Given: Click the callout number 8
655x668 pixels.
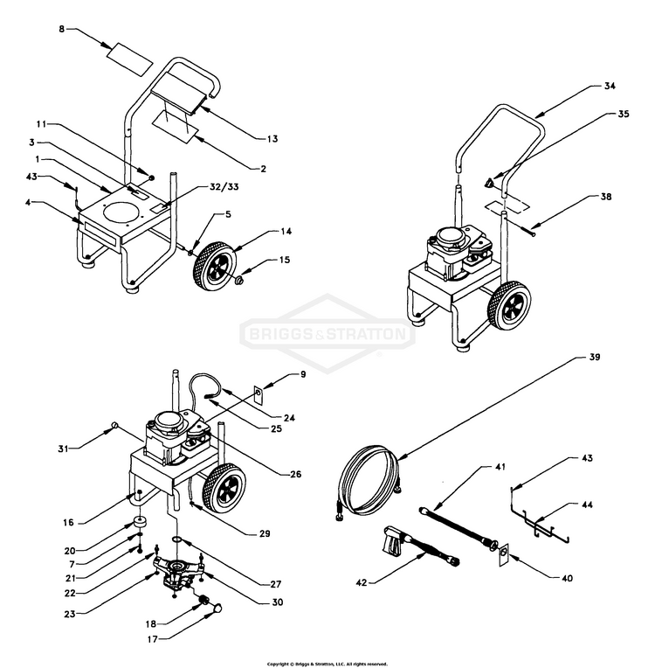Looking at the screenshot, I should point(61,30).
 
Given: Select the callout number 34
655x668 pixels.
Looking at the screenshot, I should point(610,87).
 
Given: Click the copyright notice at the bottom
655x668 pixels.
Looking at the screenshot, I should point(327,664).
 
